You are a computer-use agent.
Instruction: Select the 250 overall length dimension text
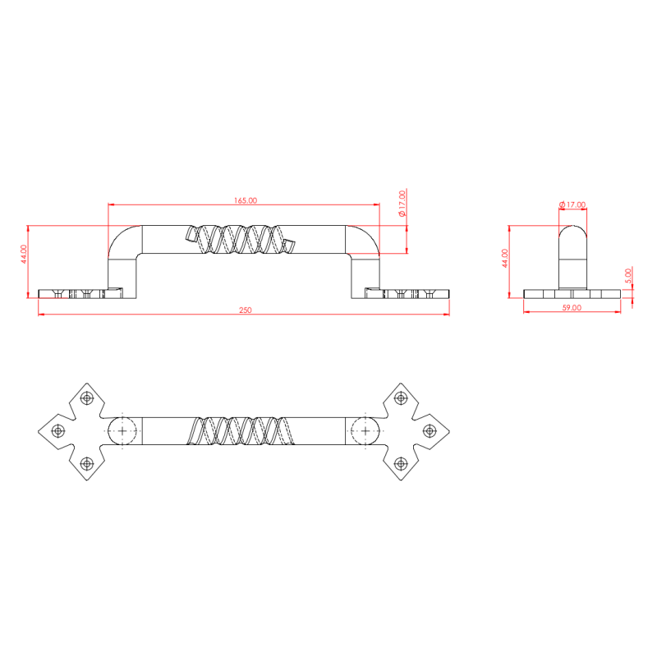245,310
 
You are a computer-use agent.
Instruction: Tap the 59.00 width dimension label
572,307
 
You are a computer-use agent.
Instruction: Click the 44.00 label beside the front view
25,254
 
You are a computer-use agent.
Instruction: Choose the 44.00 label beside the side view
505,258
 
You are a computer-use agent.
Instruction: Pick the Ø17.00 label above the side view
572,204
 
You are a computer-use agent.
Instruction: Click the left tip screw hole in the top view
57,430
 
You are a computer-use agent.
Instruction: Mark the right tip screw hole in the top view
429,430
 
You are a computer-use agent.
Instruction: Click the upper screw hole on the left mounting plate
85,398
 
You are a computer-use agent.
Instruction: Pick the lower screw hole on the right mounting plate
401,462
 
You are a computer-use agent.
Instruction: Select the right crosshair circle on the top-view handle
362,430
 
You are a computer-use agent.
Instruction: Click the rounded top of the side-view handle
572,234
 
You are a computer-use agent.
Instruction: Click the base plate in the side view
572,294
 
